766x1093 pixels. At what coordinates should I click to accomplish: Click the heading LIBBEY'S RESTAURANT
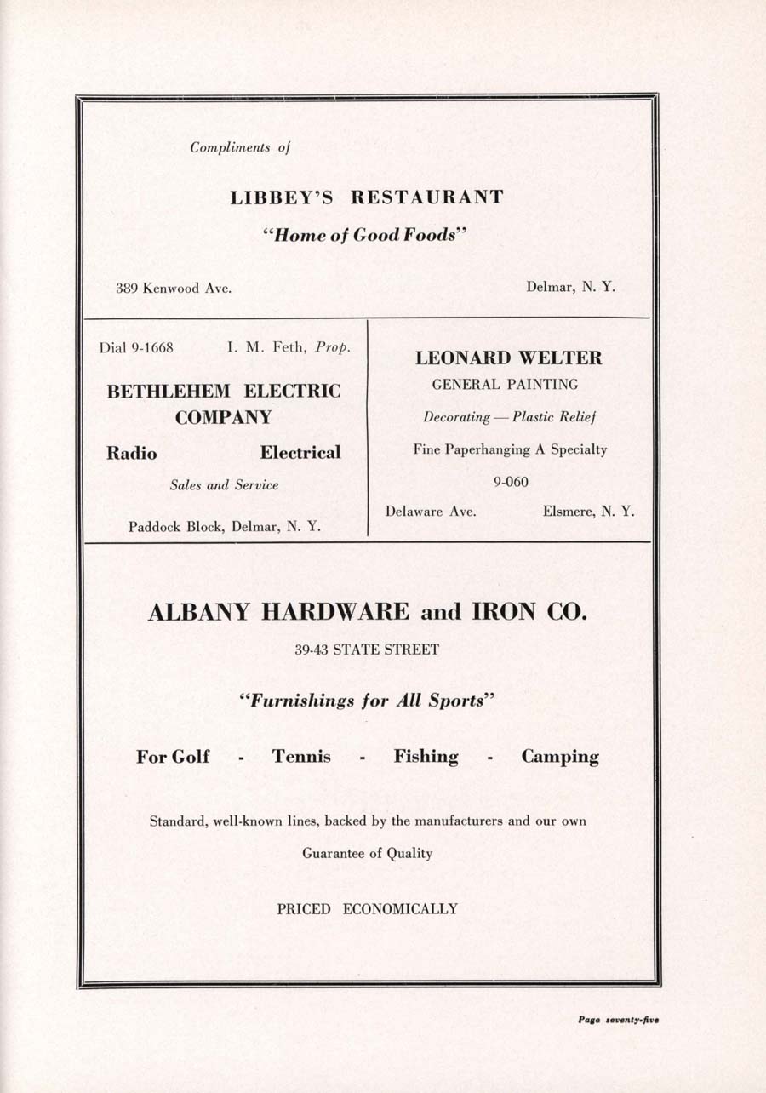point(367,197)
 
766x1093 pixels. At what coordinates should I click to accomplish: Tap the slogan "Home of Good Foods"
point(367,236)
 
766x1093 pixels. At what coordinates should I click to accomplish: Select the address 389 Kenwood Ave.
point(174,288)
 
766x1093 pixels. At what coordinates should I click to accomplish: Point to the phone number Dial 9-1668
point(136,347)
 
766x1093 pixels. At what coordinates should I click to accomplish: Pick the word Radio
point(131,453)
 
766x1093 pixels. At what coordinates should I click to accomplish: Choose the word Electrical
point(300,453)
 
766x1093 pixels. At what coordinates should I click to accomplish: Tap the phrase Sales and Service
point(224,485)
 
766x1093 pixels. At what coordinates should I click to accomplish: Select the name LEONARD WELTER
point(508,358)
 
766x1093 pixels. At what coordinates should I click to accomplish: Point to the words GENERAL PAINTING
point(505,385)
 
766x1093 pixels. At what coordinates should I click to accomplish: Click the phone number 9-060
point(511,483)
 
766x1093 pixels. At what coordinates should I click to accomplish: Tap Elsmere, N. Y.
point(588,512)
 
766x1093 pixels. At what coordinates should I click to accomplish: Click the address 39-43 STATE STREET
point(367,650)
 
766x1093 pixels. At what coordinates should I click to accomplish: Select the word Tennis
point(301,757)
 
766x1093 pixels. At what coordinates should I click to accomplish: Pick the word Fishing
point(426,757)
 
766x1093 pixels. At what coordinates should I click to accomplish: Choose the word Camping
point(560,757)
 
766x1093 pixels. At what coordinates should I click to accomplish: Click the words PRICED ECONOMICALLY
point(367,909)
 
